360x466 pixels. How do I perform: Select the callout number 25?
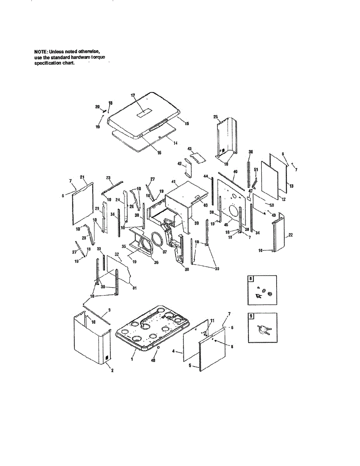pyautogui.click(x=216, y=116)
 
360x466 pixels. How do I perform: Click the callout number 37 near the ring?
pyautogui.click(x=165, y=252)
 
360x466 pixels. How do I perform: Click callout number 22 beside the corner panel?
pyautogui.click(x=290, y=236)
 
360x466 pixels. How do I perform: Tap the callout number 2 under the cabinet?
pyautogui.click(x=112, y=370)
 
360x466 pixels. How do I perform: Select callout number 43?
pyautogui.click(x=190, y=149)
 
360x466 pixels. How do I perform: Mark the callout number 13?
pyautogui.click(x=291, y=186)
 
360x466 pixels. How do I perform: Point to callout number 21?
pyautogui.click(x=82, y=177)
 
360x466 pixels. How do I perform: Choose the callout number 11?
pyautogui.click(x=212, y=320)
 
